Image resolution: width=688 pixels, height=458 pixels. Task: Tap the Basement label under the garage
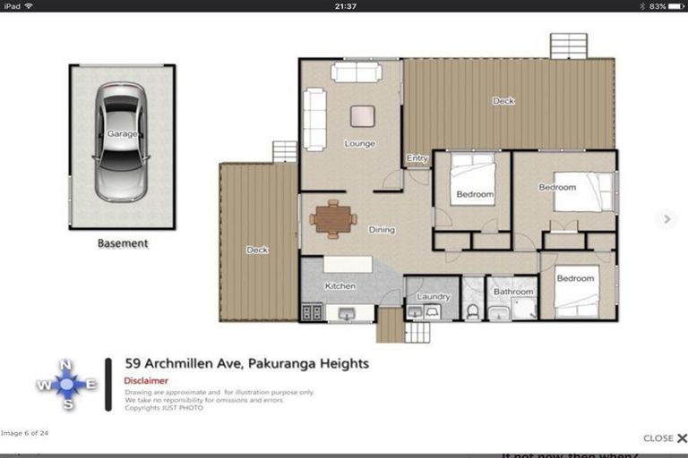coord(123,242)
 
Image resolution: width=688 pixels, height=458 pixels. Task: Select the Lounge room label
coord(359,143)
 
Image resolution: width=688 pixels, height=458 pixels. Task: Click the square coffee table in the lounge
coord(363,115)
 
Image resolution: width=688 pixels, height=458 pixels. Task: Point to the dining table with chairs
coord(333,218)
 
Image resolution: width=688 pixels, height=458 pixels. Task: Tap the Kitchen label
coord(340,286)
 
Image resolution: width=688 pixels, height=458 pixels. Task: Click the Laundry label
coord(433,295)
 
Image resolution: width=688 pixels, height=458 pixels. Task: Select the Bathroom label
coord(514,292)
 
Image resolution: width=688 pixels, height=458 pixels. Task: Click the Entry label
coord(417,158)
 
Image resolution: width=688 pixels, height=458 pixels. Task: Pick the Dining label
coord(382,230)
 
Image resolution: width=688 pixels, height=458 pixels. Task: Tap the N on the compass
coord(66,365)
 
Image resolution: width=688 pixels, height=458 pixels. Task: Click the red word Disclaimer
coord(146,380)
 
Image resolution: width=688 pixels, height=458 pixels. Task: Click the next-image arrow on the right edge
coord(666,218)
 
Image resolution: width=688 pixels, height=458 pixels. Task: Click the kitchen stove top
coord(313,312)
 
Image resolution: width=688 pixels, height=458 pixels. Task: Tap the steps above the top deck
coord(568,46)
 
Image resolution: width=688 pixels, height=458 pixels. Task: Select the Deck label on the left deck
coord(257,250)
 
